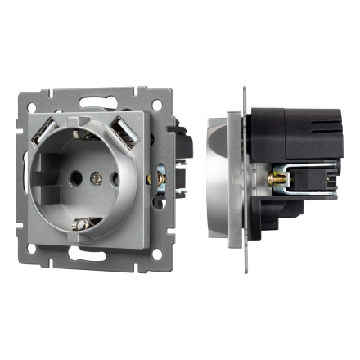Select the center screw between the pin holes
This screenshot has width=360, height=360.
(x=97, y=174)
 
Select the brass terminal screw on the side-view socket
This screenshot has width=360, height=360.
(x=269, y=178)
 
